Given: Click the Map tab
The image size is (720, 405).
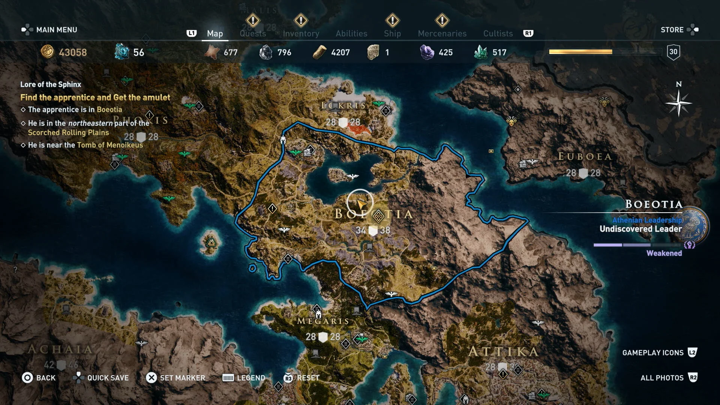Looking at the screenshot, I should pos(215,34).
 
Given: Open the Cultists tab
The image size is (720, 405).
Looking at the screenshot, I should pos(498,34).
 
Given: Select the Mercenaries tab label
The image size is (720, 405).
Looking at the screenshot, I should pos(442,34).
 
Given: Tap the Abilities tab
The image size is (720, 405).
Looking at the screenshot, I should pos(351,34).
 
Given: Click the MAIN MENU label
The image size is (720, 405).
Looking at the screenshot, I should pos(56,30).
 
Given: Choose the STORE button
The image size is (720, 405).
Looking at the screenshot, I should pos(672,30).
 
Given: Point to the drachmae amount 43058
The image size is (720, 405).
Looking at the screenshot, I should pos(73,52).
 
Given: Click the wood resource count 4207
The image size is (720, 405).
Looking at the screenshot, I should pos(340,52).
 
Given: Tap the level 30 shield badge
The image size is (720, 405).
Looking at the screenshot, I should pos(673,52).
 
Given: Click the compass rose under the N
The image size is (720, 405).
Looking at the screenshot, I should pos(678,103).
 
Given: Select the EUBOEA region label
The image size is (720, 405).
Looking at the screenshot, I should pos(585,156).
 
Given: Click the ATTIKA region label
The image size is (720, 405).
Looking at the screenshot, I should pos(503,351).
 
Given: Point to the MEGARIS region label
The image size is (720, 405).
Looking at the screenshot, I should pos(323,321).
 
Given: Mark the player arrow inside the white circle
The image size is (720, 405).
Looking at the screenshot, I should pos(361,204).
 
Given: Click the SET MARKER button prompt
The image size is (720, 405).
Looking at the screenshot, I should pos(182,378).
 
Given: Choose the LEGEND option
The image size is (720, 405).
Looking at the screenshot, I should pos(250,378).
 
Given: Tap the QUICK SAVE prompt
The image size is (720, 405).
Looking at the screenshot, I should pos(108,378).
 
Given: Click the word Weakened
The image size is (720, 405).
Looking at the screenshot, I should pos(664,253).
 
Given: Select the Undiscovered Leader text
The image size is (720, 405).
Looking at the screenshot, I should pos(640,229).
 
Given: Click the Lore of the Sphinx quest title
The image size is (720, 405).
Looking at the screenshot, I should pos(51,84).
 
